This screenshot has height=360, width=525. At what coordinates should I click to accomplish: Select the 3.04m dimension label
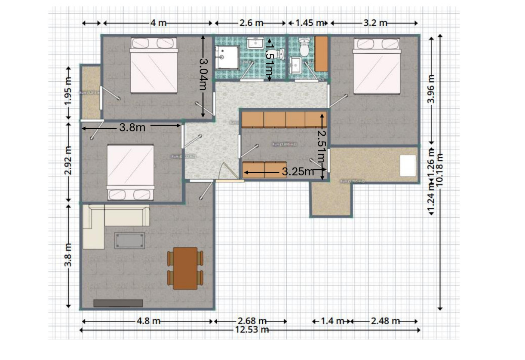[x=203, y=76]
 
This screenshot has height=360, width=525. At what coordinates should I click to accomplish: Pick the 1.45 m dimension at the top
[x=308, y=23]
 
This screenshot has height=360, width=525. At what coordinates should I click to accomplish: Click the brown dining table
[x=185, y=268]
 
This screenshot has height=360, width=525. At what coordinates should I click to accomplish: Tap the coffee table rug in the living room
[x=129, y=240]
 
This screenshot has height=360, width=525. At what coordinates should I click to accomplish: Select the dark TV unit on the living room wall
[x=118, y=303]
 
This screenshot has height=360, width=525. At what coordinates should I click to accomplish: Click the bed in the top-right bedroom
[x=377, y=65]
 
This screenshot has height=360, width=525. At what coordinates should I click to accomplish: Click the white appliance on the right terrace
[x=408, y=165]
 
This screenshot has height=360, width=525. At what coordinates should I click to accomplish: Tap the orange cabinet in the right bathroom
[x=321, y=53]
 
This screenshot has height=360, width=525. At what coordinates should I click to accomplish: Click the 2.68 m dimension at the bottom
[x=252, y=321]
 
